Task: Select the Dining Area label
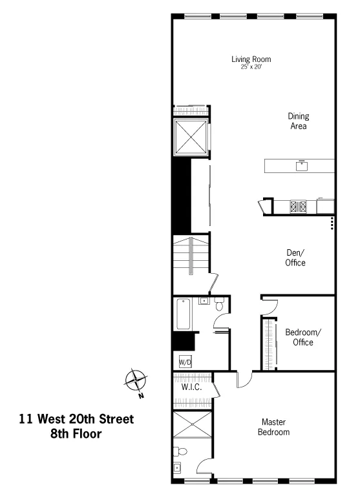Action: pyautogui.click(x=299, y=121)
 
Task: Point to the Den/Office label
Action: pyautogui.click(x=295, y=258)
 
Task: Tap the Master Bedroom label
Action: pyautogui.click(x=274, y=427)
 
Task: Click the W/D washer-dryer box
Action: pyautogui.click(x=185, y=362)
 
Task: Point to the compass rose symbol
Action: pyautogui.click(x=136, y=380)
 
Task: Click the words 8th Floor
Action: pyautogui.click(x=76, y=434)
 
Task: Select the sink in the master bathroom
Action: pyautogui.click(x=178, y=468)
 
